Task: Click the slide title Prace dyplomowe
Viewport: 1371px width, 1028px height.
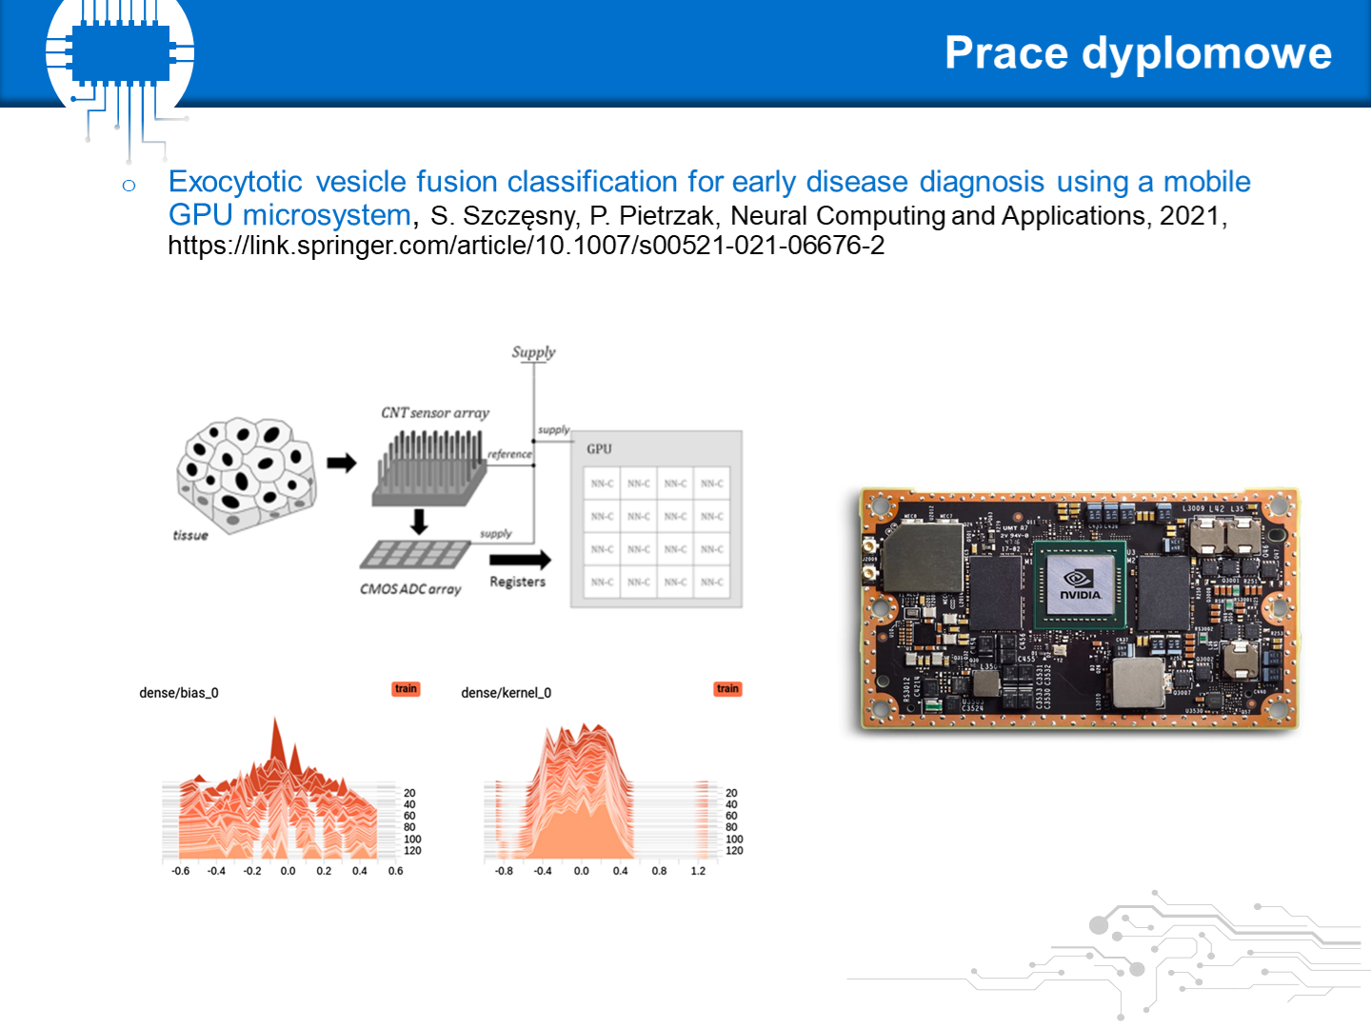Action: click(1138, 53)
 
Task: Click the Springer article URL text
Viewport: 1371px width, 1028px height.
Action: click(526, 246)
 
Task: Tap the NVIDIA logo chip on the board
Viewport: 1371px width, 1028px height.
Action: click(1081, 583)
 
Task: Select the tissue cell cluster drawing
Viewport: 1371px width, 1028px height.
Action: click(245, 473)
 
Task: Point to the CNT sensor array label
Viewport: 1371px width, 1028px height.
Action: click(435, 413)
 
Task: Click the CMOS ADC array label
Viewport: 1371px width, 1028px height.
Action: click(410, 589)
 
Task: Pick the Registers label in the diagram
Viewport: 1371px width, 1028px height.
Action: click(517, 582)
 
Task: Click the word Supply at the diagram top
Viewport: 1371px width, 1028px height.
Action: click(533, 352)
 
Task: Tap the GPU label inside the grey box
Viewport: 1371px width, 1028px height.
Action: click(599, 449)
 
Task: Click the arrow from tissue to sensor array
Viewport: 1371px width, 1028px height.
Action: click(341, 464)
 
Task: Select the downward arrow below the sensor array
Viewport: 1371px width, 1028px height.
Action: click(418, 522)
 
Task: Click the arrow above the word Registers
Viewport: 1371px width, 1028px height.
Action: click(520, 560)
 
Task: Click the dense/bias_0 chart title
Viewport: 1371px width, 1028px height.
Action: click(179, 693)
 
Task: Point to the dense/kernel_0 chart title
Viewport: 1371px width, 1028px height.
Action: click(506, 693)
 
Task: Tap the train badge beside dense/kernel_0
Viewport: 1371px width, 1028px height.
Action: click(727, 689)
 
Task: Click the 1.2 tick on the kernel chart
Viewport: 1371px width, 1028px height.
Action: click(698, 871)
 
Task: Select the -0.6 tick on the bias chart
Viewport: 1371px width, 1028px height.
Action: click(180, 871)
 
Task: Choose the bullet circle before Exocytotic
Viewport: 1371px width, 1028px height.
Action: click(129, 186)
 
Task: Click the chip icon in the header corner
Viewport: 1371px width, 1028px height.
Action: click(121, 52)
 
